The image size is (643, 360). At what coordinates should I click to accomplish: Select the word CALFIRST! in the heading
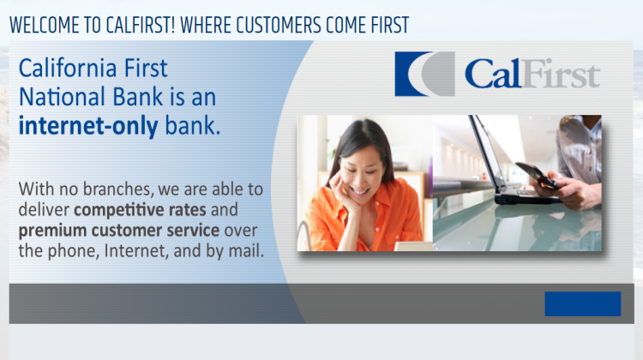(141, 26)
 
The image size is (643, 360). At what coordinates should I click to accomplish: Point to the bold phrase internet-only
(88, 126)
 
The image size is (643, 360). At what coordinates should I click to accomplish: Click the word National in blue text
(63, 97)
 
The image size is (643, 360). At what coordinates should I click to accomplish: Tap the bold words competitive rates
(141, 210)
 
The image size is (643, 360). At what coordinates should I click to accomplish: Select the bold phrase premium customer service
(119, 231)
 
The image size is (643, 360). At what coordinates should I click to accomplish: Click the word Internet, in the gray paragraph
(136, 251)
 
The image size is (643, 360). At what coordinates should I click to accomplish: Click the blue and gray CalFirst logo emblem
(424, 74)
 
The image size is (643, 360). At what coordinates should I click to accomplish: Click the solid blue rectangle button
(583, 303)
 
